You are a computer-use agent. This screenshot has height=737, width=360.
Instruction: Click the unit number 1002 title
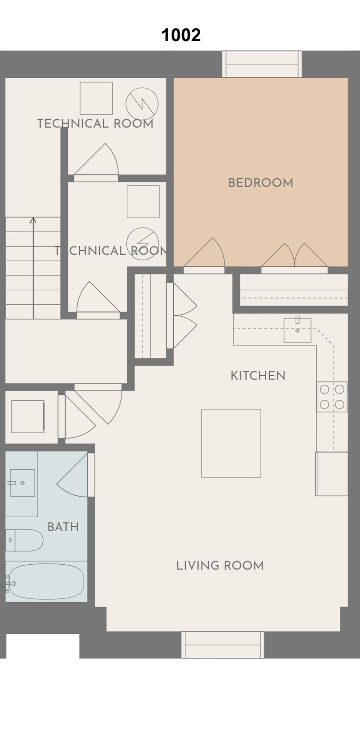click(x=181, y=35)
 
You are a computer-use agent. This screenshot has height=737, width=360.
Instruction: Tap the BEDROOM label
click(x=261, y=183)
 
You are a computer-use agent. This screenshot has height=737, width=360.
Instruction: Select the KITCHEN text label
click(x=258, y=376)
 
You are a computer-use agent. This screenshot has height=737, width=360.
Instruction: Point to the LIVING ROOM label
click(x=220, y=566)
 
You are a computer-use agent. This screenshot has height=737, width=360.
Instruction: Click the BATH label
click(x=63, y=527)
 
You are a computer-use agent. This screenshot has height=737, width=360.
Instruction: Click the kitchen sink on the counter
click(x=298, y=330)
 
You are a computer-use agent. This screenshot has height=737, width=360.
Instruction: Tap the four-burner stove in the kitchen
click(x=332, y=396)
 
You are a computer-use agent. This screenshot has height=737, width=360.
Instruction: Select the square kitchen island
click(x=231, y=443)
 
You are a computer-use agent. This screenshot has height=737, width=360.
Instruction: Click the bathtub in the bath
click(x=46, y=582)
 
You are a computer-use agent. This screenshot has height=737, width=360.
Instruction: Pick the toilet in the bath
click(x=24, y=540)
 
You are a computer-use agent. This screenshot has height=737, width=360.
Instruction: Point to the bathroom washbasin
click(x=23, y=483)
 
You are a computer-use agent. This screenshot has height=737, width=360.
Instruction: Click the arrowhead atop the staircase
click(x=33, y=220)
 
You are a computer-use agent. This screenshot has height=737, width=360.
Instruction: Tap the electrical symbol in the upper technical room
click(x=142, y=104)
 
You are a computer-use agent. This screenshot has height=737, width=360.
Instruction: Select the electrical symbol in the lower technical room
click(x=143, y=243)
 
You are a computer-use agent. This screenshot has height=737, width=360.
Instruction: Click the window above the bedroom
click(x=262, y=64)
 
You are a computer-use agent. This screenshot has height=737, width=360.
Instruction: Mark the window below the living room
click(x=223, y=645)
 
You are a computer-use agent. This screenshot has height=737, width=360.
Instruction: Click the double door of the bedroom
click(x=295, y=258)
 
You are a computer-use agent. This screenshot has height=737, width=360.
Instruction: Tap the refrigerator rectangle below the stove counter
click(x=332, y=474)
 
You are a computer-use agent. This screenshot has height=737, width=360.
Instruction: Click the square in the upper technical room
click(x=96, y=98)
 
